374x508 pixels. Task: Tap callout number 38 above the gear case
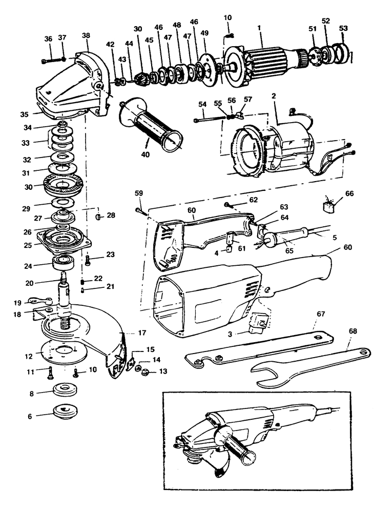point(86,36)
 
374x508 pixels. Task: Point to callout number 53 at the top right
point(343,28)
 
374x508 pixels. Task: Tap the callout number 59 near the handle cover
point(138,193)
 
